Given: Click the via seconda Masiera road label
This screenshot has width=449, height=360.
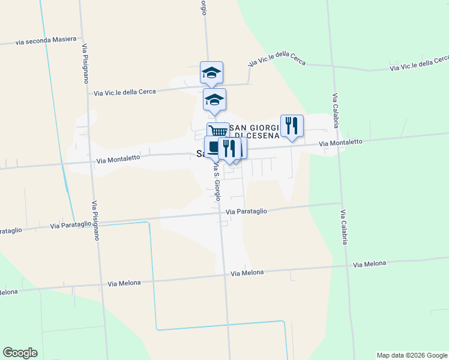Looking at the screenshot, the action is coord(46,40).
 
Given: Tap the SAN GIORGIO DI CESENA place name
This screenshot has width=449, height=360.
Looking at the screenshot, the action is coord(256,131).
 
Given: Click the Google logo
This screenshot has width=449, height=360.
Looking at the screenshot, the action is coord(20,353).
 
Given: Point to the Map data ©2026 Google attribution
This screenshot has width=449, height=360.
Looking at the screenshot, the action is coord(412,355).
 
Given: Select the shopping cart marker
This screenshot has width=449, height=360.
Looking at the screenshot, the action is coord(218,131).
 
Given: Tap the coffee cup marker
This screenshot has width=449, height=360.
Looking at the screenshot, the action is coord(212,146).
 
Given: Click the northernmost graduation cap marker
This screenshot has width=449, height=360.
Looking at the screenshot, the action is coord(211,72).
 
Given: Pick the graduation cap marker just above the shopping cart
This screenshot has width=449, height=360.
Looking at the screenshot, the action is coord(214,99).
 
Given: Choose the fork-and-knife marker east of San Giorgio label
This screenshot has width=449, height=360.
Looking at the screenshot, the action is coord(292,125).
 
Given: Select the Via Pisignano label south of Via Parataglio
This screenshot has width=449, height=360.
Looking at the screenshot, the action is coord(95,220).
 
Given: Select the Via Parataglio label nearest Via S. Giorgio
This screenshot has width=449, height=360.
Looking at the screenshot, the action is coord(246,211).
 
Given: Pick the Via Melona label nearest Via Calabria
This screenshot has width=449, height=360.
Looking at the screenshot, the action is coord(369,264).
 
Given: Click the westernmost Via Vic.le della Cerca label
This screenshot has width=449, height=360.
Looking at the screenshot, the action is coord(125,92).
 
